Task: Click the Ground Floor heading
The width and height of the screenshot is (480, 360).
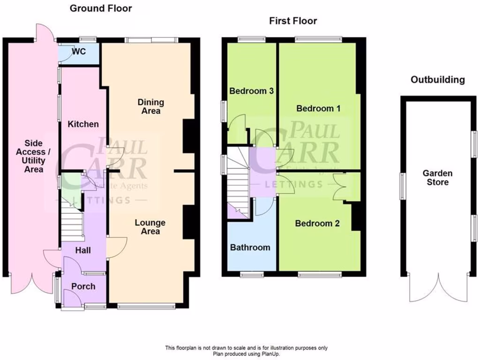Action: [101, 8]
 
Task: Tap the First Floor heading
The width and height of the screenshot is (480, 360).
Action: [293, 21]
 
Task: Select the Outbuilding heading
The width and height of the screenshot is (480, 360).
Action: [437, 80]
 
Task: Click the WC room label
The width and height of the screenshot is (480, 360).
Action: [79, 52]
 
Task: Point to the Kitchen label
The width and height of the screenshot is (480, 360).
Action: [83, 124]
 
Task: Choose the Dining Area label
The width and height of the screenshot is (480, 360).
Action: [151, 106]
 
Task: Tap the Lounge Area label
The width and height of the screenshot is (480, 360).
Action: [151, 227]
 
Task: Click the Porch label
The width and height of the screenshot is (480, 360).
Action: [83, 286]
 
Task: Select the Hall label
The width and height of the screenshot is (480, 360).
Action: [83, 251]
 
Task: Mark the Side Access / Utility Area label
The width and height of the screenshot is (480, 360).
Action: [34, 156]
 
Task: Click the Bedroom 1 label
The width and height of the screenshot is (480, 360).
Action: [318, 108]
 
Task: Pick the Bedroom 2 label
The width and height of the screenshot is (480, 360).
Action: [317, 224]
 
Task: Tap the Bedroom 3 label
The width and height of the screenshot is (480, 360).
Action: [251, 91]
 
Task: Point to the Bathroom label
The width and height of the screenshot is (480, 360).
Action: [250, 247]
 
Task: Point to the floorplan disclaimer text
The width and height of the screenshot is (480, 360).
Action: [246, 351]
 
